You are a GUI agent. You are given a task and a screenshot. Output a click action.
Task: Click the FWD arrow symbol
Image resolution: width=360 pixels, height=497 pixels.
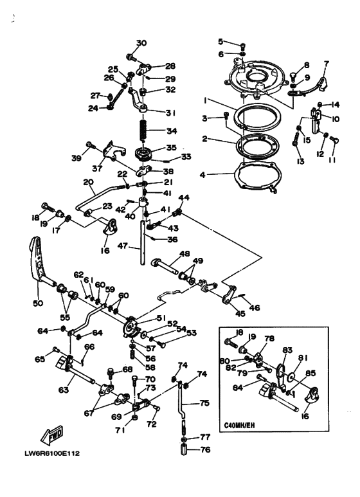(x=52, y=435)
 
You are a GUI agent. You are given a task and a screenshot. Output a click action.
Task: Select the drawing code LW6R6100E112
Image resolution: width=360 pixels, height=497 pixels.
(x=52, y=453)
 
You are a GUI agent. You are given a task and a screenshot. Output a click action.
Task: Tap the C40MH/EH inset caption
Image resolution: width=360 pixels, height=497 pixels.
(x=239, y=425)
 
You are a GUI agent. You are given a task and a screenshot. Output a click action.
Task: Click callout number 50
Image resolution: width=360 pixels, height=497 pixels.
(x=38, y=303)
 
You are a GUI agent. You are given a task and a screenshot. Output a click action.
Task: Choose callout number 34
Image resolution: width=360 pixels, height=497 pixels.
(x=172, y=131)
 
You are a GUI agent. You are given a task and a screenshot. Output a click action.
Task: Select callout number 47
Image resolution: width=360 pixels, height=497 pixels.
(x=123, y=246)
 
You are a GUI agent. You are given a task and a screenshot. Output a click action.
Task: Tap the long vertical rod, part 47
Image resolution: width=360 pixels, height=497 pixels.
(x=143, y=242)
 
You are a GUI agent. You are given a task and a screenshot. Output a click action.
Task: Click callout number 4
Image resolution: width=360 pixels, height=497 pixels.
(x=203, y=175)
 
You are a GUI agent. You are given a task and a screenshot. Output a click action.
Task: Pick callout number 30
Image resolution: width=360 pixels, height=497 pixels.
(x=141, y=42)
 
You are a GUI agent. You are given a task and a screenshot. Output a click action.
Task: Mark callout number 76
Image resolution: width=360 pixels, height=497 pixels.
(x=205, y=449)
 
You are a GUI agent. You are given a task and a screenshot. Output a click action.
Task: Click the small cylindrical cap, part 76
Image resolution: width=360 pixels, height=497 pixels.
(x=184, y=450)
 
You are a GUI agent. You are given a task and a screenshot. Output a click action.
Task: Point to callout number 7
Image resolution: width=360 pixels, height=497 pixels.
(x=326, y=64)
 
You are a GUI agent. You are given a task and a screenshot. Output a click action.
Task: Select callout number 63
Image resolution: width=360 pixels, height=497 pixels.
(x=64, y=389)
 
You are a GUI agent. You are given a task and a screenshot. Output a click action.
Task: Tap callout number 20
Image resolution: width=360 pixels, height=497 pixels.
(x=89, y=182)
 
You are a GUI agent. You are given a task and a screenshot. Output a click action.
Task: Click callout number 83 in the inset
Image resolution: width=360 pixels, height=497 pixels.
(x=287, y=350)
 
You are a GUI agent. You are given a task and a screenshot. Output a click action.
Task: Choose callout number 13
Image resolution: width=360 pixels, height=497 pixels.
(x=300, y=161)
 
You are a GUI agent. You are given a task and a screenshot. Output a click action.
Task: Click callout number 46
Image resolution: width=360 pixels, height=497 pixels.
(x=255, y=307)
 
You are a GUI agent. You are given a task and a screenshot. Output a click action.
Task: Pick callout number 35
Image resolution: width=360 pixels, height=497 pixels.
(x=172, y=148)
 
